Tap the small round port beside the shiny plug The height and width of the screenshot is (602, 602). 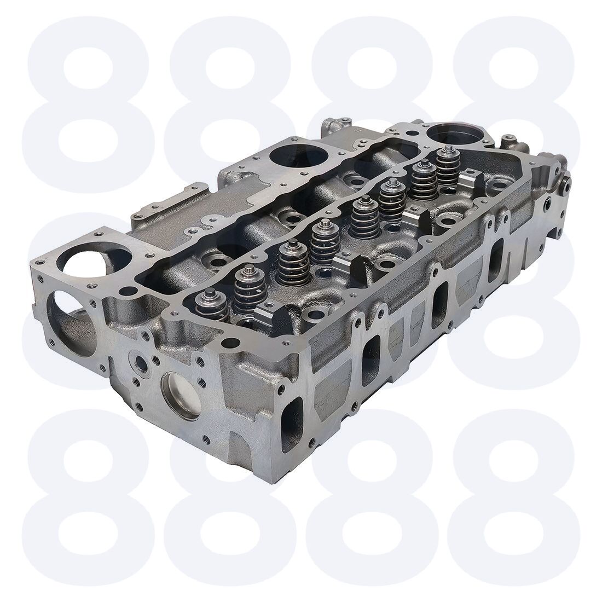click(141, 363)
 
